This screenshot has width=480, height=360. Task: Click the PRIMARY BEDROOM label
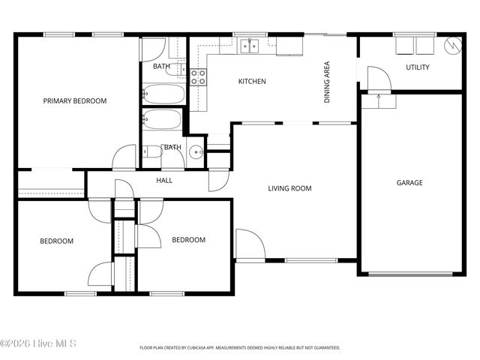(x=74, y=100)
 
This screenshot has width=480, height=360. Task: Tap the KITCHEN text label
(x=252, y=82)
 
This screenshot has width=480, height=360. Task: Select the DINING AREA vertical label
(x=327, y=82)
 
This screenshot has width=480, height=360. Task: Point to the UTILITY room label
(x=418, y=67)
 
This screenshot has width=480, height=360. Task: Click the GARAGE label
(x=409, y=182)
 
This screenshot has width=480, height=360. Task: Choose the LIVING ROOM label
(x=289, y=188)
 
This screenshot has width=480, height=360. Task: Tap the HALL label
(x=164, y=181)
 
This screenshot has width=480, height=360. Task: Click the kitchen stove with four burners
(x=199, y=76)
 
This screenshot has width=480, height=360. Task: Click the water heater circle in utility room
(x=452, y=45)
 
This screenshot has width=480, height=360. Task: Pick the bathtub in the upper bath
(x=164, y=94)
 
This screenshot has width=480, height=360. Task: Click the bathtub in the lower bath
(x=163, y=121)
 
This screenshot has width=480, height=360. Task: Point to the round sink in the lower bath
(x=196, y=151)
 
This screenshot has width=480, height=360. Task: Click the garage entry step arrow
(x=379, y=96)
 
